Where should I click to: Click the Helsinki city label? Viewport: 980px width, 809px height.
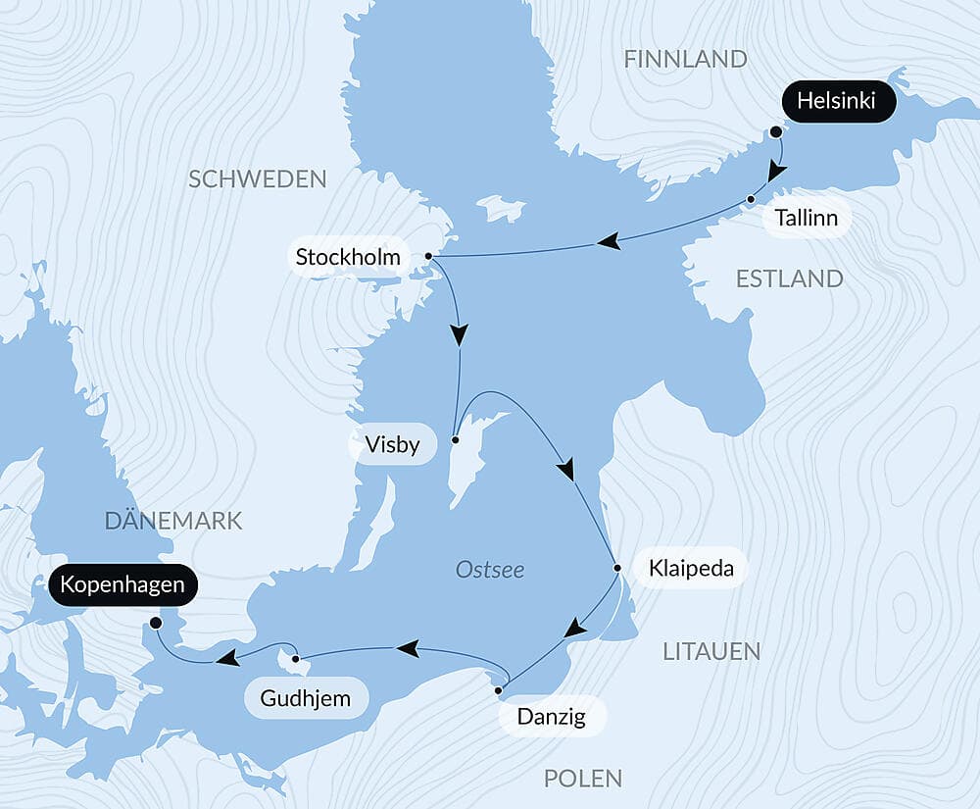pyautogui.click(x=839, y=101)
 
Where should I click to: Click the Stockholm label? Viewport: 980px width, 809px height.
pyautogui.click(x=348, y=258)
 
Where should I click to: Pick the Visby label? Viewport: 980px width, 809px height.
pyautogui.click(x=392, y=445)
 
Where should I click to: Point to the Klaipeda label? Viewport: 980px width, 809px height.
pyautogui.click(x=691, y=568)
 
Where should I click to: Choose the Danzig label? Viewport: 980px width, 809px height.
pyautogui.click(x=552, y=717)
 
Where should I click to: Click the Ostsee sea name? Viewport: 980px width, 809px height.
pyautogui.click(x=490, y=570)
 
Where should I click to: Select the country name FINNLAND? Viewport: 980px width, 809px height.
pyautogui.click(x=685, y=59)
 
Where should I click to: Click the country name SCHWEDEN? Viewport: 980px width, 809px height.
pyautogui.click(x=257, y=178)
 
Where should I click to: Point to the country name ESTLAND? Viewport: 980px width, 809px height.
pyautogui.click(x=789, y=278)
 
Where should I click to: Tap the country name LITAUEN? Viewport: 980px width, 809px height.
pyautogui.click(x=710, y=650)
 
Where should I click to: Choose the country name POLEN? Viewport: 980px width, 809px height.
pyautogui.click(x=583, y=779)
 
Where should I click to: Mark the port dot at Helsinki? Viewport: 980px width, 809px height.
pyautogui.click(x=775, y=131)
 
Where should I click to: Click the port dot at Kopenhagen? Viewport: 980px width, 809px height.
pyautogui.click(x=155, y=622)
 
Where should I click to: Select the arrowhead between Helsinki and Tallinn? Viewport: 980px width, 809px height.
pyautogui.click(x=776, y=172)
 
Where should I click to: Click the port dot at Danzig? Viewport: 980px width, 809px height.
pyautogui.click(x=499, y=691)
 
